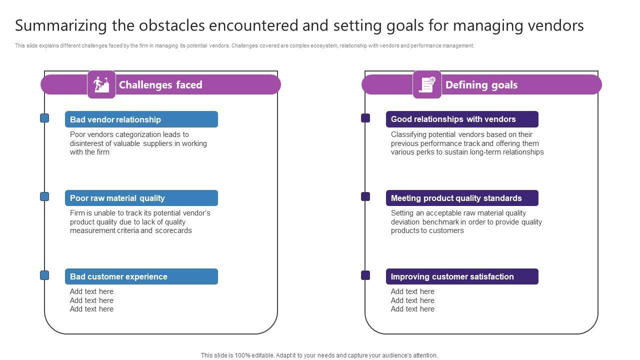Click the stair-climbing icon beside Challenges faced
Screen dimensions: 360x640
[x=101, y=84]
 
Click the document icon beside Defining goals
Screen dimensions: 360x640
[x=427, y=84]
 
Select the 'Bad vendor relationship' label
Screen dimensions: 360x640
[x=115, y=119]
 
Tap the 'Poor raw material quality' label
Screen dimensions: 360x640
[x=117, y=198]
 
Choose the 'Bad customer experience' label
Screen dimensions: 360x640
[x=118, y=276]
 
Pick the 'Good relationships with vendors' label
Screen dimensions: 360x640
[x=453, y=119]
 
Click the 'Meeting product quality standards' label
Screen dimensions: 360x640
[x=456, y=198]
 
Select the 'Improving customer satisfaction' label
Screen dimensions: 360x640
[x=452, y=276]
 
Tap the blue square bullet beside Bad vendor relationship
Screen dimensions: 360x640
[x=44, y=118]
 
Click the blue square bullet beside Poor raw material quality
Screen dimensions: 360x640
[x=44, y=196]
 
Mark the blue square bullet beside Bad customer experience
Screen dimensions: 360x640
[x=44, y=275]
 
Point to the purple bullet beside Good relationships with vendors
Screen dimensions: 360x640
[x=365, y=118]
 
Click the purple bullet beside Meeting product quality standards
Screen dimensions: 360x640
[x=365, y=196]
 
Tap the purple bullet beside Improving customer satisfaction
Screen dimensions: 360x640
[x=365, y=275]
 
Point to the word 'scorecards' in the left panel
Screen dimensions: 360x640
[x=173, y=230]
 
